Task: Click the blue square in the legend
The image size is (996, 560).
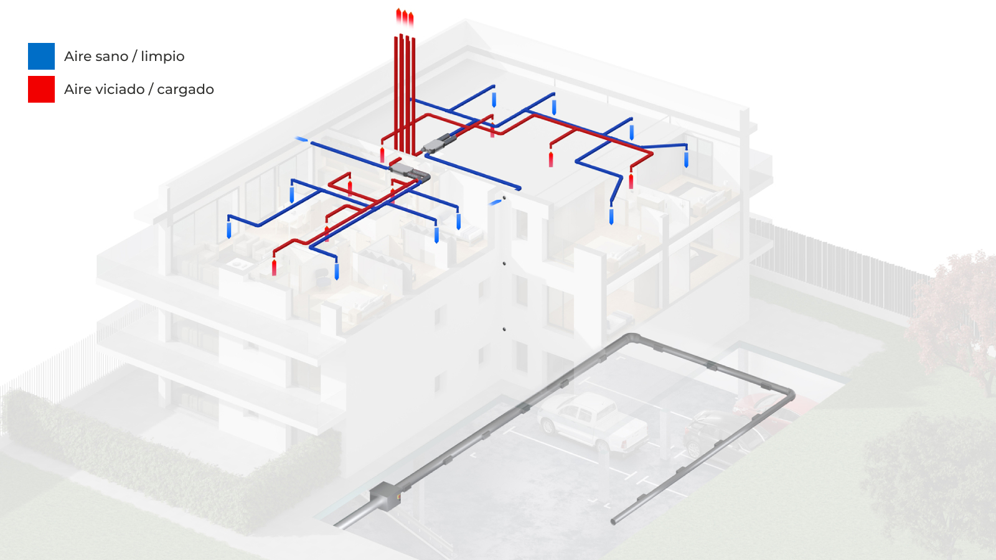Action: coord(41,56)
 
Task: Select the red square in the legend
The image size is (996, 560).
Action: coord(41,89)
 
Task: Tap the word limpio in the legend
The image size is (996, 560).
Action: coord(162,57)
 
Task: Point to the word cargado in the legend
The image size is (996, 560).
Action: coord(186,90)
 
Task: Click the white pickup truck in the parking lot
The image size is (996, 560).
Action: coord(591,421)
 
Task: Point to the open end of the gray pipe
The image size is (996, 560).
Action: coord(614,521)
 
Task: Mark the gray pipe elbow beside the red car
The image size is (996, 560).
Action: coord(789,394)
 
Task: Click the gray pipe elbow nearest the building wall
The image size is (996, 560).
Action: coord(632,338)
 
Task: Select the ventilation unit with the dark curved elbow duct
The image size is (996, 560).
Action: coord(411,171)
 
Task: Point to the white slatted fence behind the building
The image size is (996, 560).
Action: coord(828,261)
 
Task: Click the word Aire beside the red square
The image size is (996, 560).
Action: coord(78,90)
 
